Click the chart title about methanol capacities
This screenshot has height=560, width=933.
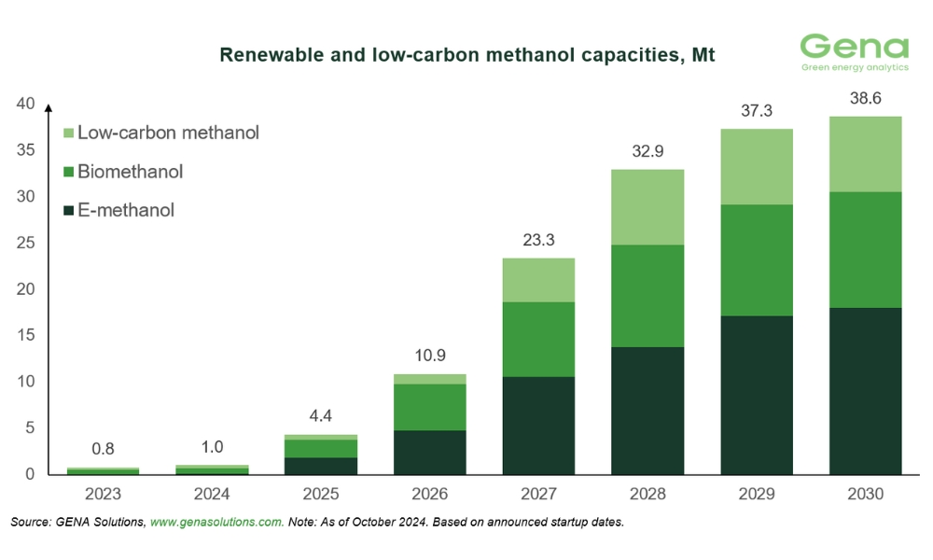coord(466,55)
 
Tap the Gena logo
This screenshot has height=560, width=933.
coord(854,51)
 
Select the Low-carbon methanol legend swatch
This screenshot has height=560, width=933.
coord(68,133)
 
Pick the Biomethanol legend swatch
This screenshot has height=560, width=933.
coord(68,173)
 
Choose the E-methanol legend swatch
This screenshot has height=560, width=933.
coord(68,211)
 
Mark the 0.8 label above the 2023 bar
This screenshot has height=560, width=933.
coord(103,449)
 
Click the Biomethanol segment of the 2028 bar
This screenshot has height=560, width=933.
coord(648,296)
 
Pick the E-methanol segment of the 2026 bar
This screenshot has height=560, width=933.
coord(430,452)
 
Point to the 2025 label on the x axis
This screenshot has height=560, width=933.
coord(321,493)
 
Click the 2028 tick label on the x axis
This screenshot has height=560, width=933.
coord(648,493)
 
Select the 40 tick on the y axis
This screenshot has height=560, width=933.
coord(25,104)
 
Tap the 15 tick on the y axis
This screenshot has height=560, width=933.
coord(25,335)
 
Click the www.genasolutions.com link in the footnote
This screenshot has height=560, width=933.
coord(216,523)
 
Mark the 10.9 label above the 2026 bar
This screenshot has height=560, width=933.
coord(430,357)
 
